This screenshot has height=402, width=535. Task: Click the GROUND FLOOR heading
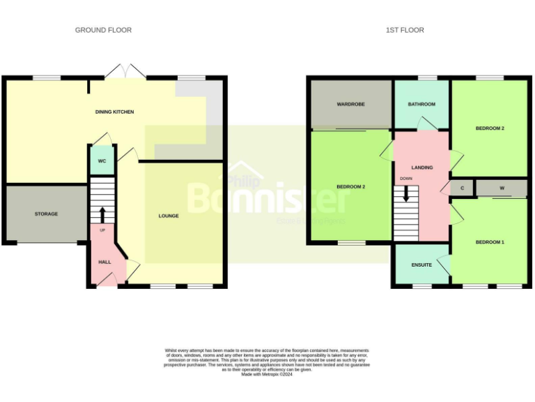tap(103, 30)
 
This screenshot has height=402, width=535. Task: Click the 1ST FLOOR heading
tap(405, 30)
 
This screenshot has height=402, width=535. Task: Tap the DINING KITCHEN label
tap(114, 112)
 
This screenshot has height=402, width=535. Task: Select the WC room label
tap(101, 161)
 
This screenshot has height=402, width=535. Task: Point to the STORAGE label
tap(46, 214)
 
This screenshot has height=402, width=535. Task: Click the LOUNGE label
tap(169, 216)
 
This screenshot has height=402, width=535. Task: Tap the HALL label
tap(104, 262)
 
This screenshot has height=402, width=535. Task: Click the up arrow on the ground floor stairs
tap(102, 213)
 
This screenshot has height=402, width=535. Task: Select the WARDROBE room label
tap(351, 104)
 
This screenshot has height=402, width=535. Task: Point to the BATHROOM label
tap(421, 104)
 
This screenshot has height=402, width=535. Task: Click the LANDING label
tap(421, 167)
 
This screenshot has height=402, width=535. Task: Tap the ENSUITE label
tap(421, 265)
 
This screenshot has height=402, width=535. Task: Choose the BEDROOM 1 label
tap(490, 242)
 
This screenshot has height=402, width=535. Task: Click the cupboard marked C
tap(462, 188)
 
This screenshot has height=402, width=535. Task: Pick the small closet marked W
tap(502, 188)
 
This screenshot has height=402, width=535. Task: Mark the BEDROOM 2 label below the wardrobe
tap(350, 186)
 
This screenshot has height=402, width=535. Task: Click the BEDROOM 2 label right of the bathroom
tap(490, 128)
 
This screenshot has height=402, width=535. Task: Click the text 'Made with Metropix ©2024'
tap(267, 375)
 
